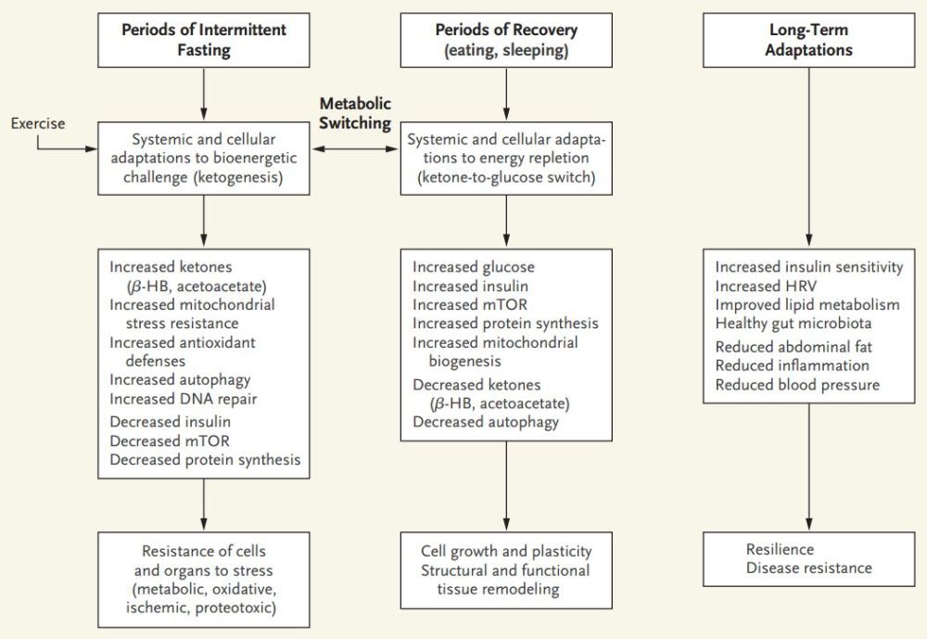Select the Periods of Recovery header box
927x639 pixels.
tap(505, 38)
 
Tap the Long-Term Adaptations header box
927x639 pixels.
tap(808, 38)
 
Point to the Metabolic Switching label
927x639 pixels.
tap(355, 112)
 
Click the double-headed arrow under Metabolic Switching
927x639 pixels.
tap(356, 148)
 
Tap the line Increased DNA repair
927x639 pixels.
tap(183, 399)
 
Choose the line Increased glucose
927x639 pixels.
tap(474, 267)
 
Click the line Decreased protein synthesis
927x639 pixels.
tap(204, 458)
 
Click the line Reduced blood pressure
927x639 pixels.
tap(797, 384)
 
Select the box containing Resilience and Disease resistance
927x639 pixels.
tap(808, 558)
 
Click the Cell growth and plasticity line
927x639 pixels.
tap(505, 552)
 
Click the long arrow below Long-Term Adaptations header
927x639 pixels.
tap(808, 158)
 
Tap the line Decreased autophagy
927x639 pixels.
tap(486, 422)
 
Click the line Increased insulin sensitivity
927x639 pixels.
tap(808, 267)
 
